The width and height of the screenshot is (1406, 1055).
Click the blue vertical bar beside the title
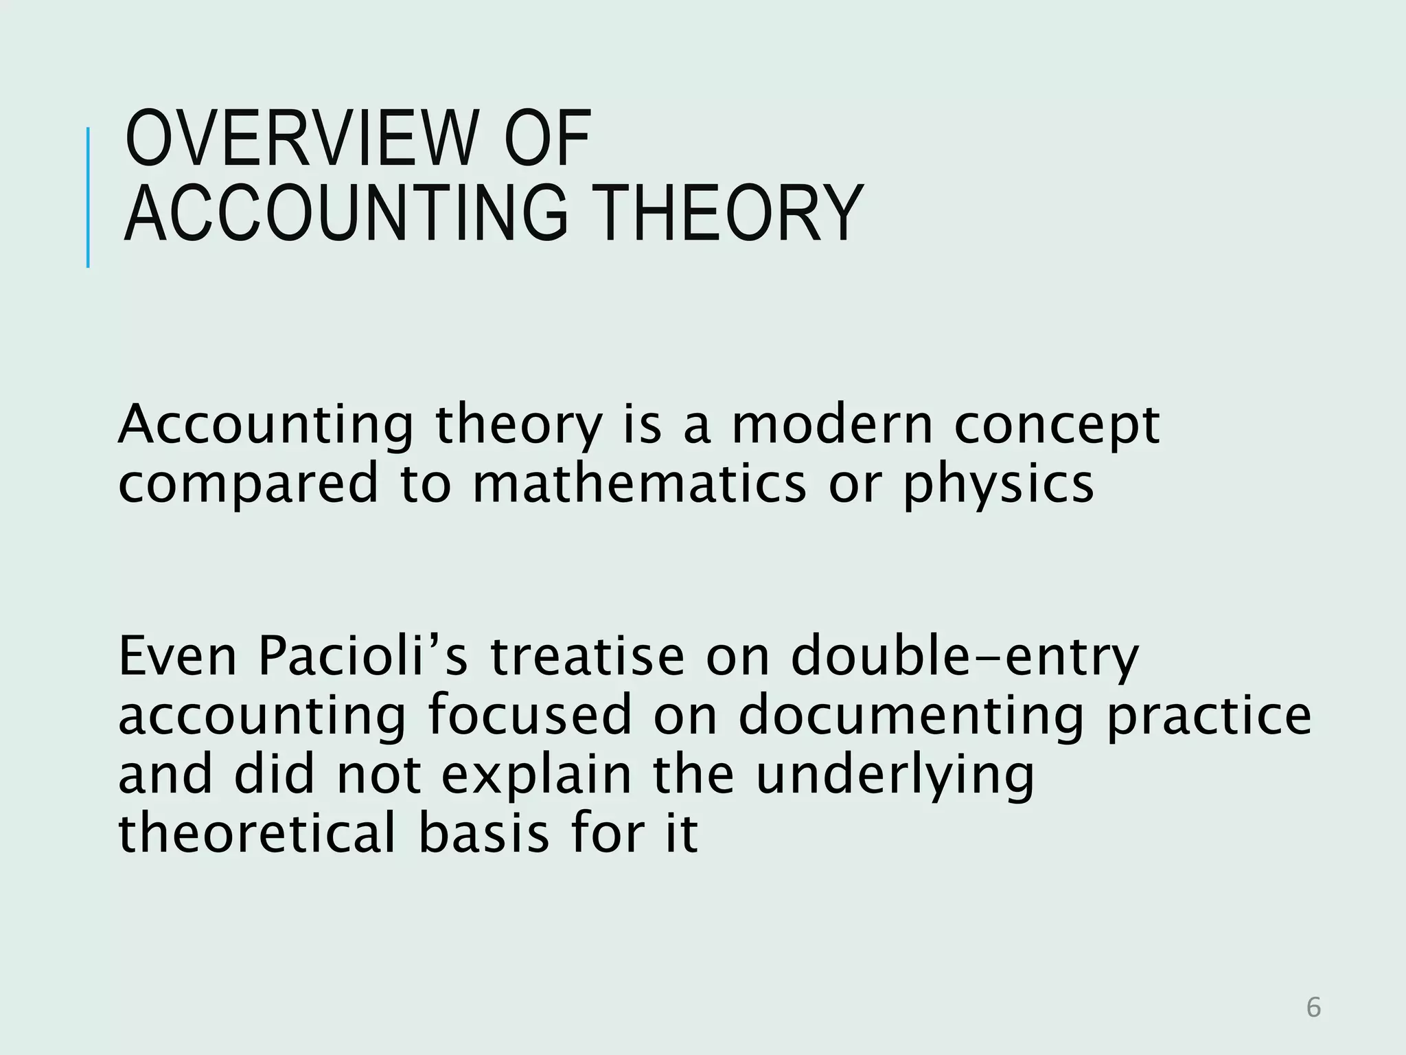(x=88, y=198)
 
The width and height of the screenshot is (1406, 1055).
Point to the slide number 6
(x=1313, y=1008)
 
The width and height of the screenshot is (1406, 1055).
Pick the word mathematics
(x=639, y=484)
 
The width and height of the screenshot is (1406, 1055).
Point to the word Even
(x=177, y=657)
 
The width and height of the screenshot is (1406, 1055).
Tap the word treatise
(x=587, y=657)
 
